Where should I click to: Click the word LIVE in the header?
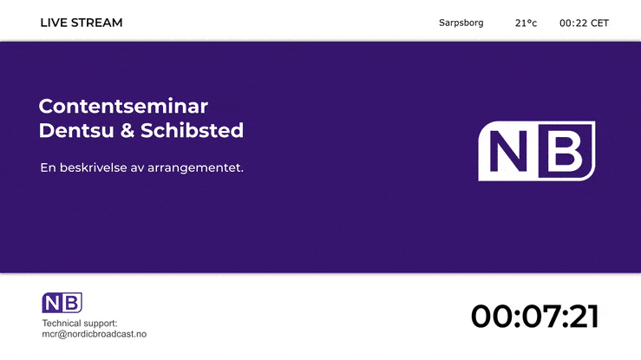54,23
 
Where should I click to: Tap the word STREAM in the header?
96,23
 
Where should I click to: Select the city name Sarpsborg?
461,23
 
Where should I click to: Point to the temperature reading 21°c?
526,23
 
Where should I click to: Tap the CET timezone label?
599,23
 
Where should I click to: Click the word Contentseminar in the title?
123,106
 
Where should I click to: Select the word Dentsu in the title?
76,130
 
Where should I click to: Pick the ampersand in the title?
128,131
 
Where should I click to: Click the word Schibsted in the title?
193,130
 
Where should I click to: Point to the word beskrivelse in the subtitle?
94,167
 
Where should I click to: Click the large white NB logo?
537,151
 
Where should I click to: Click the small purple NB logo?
62,303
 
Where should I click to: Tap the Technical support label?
80,324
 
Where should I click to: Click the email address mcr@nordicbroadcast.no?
95,334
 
